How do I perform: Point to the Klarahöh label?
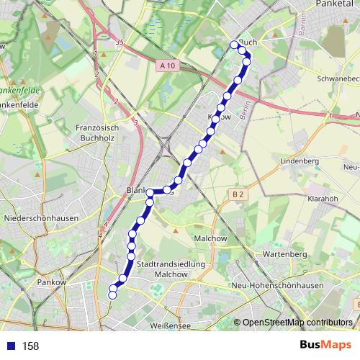[x=323, y=197]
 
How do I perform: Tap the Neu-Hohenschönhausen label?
[x=277, y=287]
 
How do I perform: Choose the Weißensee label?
[x=170, y=326]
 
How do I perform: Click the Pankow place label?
[x=54, y=283]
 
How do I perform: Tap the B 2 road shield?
[x=238, y=194]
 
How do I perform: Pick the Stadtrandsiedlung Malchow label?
[x=171, y=269]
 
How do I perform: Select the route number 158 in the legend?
[x=30, y=346]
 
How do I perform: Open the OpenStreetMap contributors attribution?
[x=297, y=323]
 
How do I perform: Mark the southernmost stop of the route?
[x=112, y=294]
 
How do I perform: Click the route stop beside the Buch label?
[x=234, y=45]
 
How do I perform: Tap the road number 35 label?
[x=119, y=43]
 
